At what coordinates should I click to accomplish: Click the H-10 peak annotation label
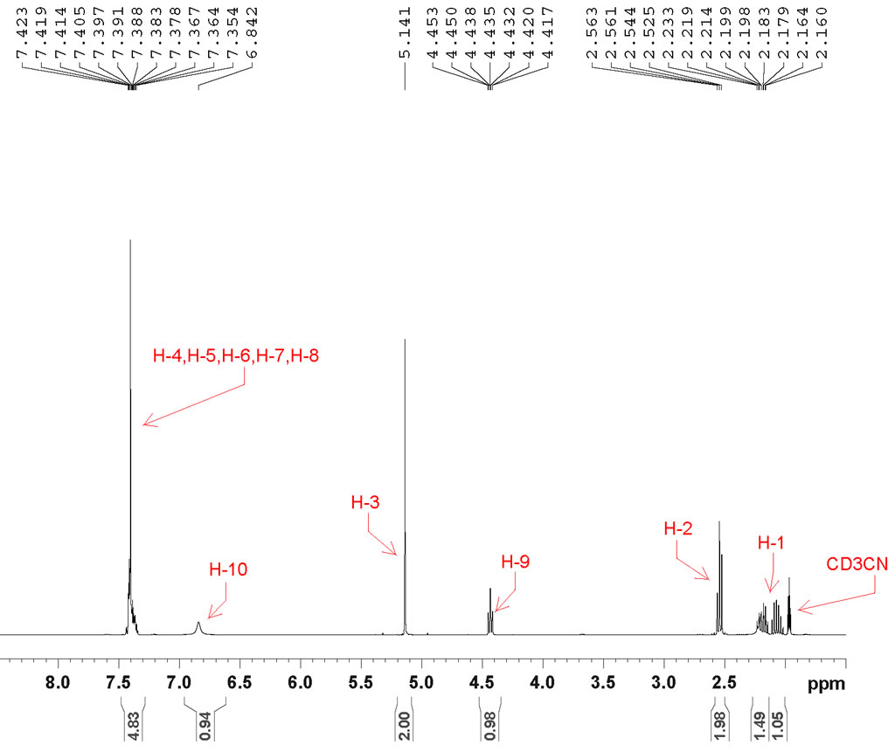coord(228,569)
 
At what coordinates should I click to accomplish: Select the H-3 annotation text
coord(365,503)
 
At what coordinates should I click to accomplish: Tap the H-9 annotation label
coord(516,562)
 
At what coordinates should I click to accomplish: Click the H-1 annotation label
coord(771,543)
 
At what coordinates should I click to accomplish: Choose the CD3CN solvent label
coord(857,564)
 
